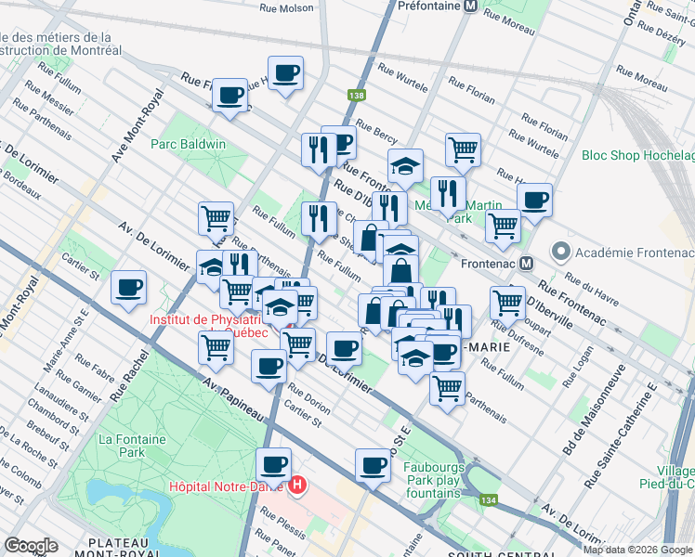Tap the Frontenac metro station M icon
coord(526,263)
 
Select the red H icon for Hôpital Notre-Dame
coord(297,485)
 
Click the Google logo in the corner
coord(31,546)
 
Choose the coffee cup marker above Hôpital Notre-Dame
coord(273,464)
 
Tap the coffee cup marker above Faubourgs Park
coord(374,466)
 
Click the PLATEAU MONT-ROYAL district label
coord(126,548)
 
